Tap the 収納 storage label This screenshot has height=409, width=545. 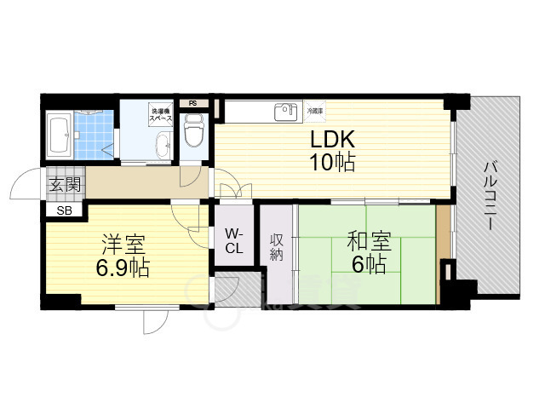278,247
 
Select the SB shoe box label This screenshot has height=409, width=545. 65,210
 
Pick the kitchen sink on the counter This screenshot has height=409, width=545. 284,112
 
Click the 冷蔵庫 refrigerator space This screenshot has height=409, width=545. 315,111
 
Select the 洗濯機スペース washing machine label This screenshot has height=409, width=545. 162,114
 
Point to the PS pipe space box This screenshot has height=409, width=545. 193,104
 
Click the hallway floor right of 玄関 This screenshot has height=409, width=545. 136,182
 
